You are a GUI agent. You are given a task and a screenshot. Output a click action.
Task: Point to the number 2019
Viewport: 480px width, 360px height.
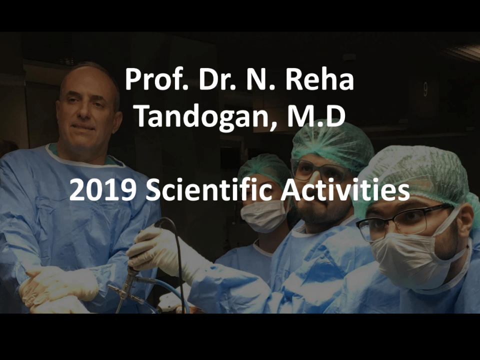click(103, 190)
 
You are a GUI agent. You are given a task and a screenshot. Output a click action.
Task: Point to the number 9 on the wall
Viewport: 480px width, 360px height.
click(425, 89)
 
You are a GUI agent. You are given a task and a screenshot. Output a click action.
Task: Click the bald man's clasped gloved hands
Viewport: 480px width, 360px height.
click(58, 289)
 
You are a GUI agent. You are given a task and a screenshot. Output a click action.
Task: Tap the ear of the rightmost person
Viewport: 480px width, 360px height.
click(466, 221)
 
